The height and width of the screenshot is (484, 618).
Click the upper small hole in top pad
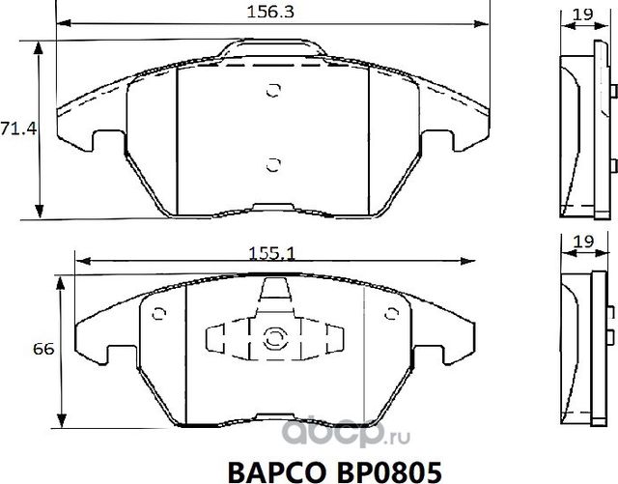click(x=272, y=92)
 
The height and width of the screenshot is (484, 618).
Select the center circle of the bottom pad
click(x=272, y=338)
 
